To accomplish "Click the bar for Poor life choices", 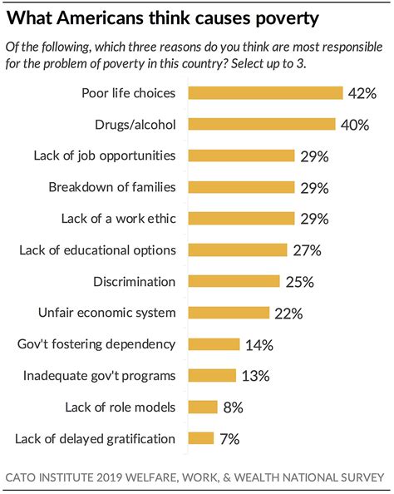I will [265, 92].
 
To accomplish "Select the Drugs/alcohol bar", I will [262, 124].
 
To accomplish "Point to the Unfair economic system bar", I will [229, 314].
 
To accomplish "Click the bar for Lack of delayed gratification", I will [201, 438].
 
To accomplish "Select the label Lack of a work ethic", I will [119, 219].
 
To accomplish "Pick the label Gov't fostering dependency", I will [96, 344].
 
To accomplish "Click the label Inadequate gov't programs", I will [100, 376].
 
